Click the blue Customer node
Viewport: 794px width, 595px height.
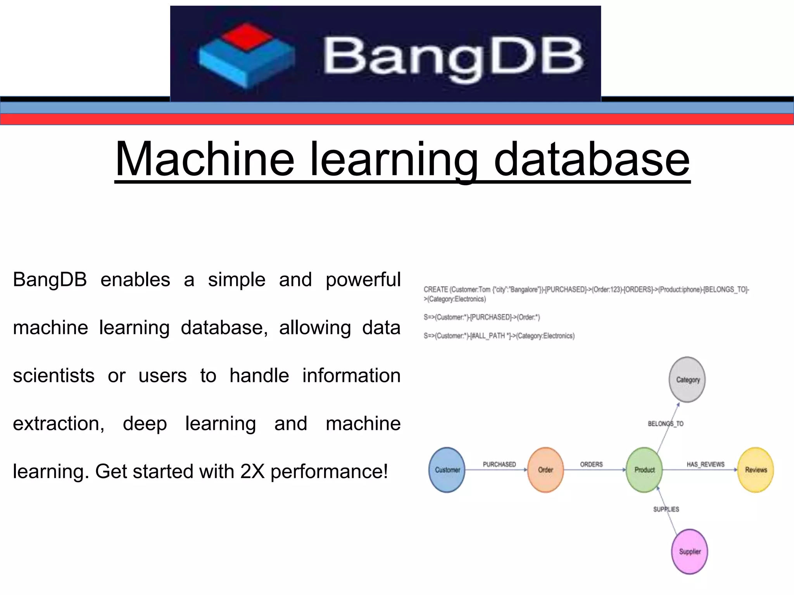point(447,470)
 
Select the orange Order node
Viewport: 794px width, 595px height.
point(545,470)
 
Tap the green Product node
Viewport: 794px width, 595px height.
point(644,470)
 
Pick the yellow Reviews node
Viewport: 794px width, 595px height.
point(756,470)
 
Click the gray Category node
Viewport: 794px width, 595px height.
point(687,380)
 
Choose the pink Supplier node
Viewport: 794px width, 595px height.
point(689,551)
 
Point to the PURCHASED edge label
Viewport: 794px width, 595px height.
point(499,464)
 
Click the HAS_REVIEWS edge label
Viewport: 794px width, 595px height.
point(706,464)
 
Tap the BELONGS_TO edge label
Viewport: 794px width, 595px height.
point(666,424)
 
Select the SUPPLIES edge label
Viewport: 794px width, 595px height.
point(666,509)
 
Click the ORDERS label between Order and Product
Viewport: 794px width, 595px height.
point(591,464)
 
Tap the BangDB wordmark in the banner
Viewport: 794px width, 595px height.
point(453,57)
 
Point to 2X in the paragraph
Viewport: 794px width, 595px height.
point(252,471)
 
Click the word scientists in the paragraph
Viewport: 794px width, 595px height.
point(54,375)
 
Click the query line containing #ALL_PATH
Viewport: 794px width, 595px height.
point(499,336)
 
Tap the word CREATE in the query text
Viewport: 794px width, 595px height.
point(435,289)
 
